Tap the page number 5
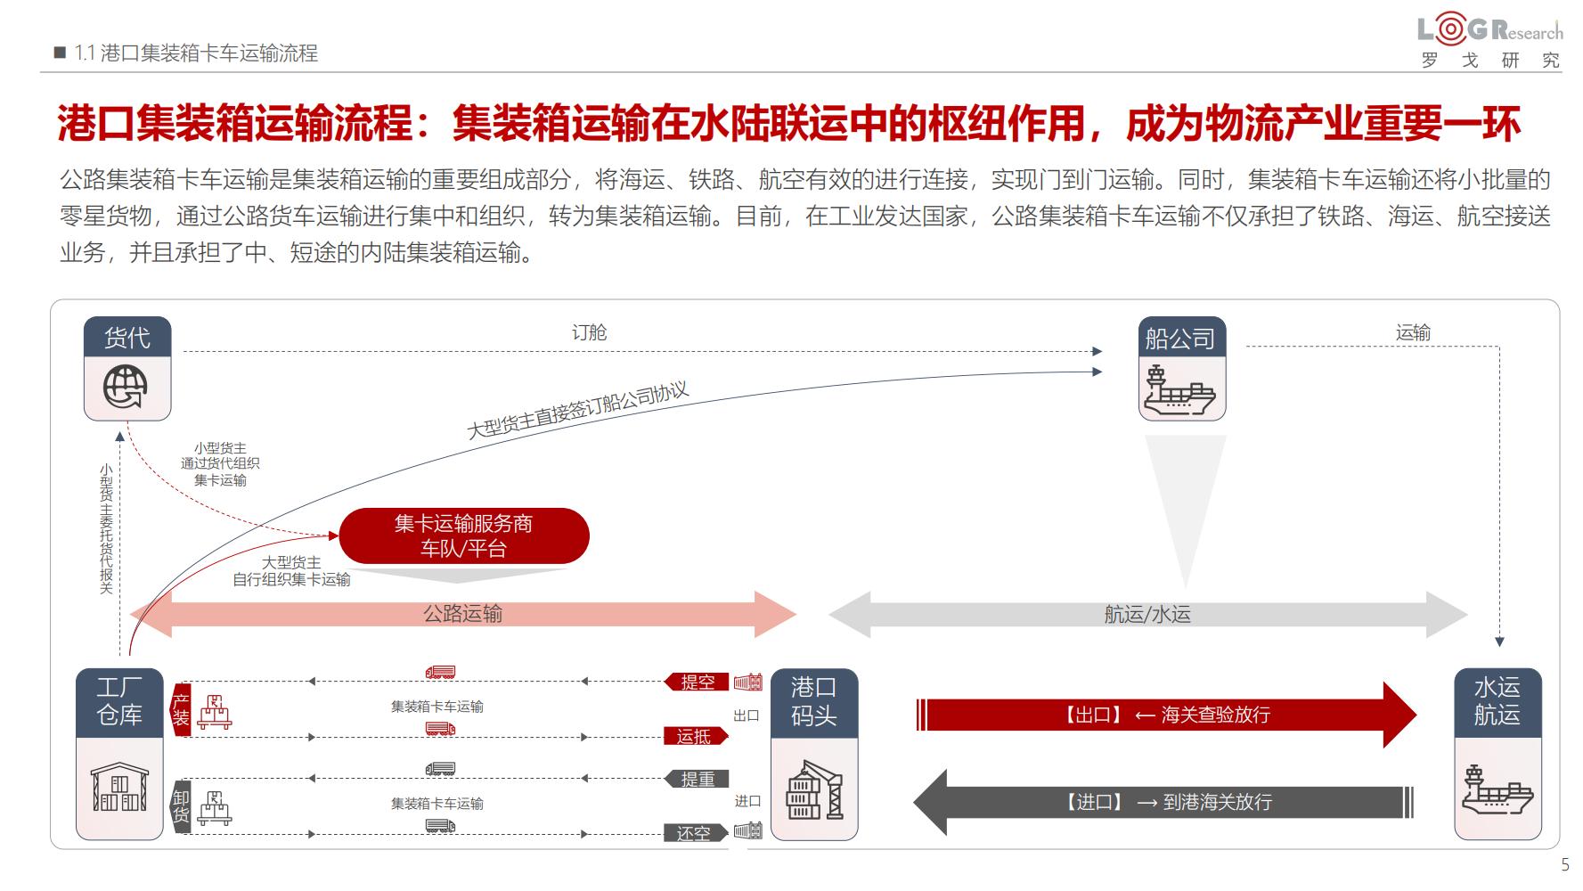click(1564, 865)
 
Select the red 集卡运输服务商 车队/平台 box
click(464, 535)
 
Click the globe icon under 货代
click(126, 388)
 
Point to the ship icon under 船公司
click(1180, 390)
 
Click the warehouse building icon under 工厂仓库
click(119, 789)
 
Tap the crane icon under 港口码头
click(814, 789)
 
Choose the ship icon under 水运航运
click(1497, 789)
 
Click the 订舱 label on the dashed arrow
click(589, 333)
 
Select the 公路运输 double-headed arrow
click(463, 614)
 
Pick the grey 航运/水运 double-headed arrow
click(1147, 614)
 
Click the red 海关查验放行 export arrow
click(1166, 715)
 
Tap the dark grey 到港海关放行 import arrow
click(1163, 802)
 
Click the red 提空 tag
click(697, 683)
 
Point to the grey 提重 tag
click(697, 780)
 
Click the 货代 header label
click(127, 338)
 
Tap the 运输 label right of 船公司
click(1413, 333)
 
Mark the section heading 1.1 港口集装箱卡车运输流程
click(196, 53)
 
